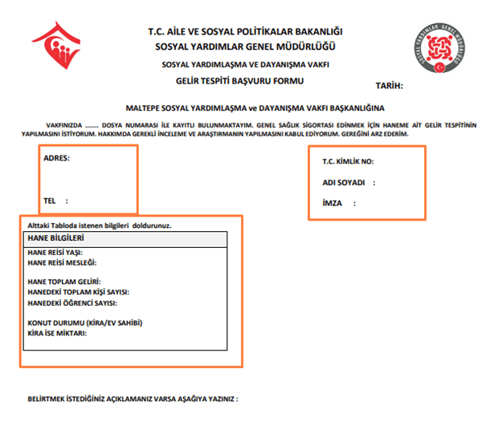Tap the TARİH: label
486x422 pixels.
pos(389,86)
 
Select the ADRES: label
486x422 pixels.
pos(57,158)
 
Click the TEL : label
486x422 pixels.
pos(55,201)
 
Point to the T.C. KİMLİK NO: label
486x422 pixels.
pos(348,162)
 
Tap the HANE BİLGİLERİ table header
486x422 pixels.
pos(57,238)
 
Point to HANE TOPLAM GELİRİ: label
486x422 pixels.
pos(63,282)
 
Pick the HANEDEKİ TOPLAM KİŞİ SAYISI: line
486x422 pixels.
pos(78,293)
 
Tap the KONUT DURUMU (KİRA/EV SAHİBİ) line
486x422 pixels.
pos(84,323)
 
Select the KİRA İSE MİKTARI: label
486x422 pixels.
pos(57,333)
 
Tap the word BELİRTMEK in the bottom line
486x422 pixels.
pos(47,399)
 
